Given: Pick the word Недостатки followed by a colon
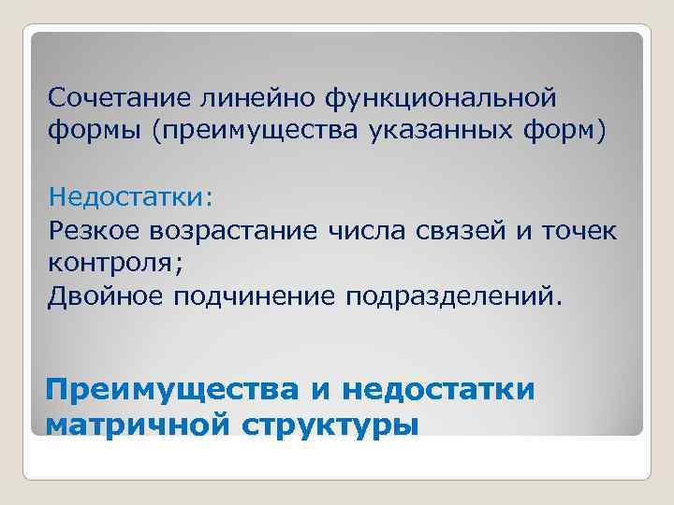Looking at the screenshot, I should (131, 196).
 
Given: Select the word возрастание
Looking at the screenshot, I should (241, 229).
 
